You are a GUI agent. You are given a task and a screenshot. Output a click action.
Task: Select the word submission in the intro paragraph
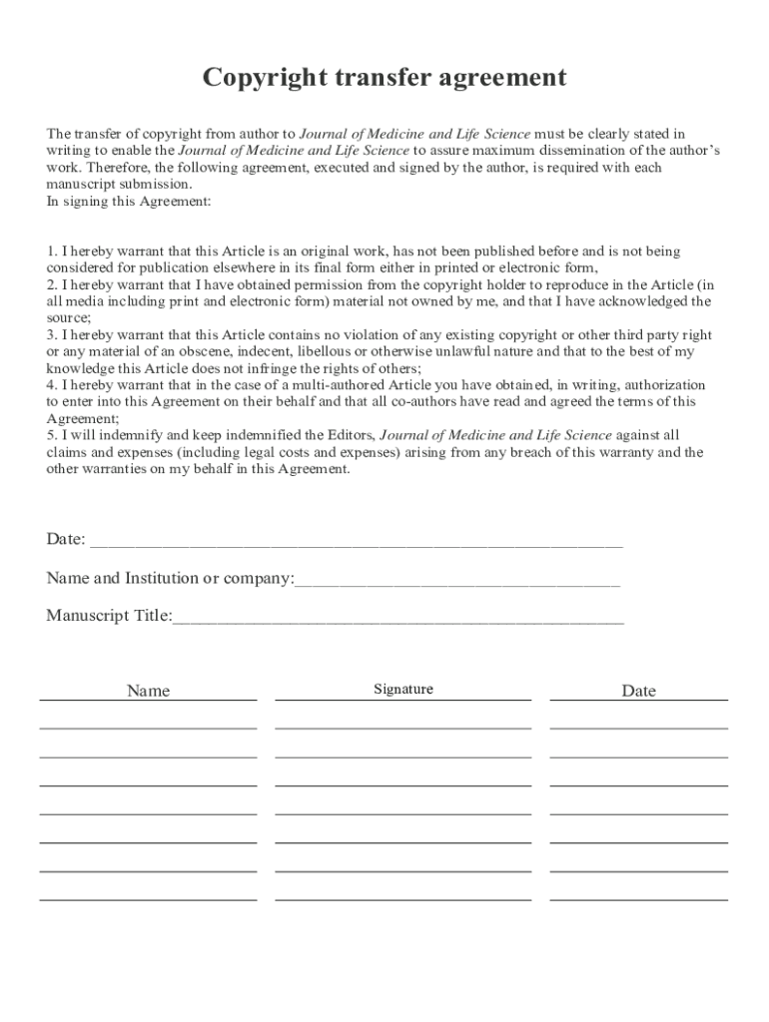156,185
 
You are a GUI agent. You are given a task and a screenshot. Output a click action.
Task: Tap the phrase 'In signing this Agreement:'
129,202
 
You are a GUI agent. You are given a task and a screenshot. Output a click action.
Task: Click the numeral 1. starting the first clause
52,251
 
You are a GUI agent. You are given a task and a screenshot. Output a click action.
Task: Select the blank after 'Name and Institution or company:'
457,581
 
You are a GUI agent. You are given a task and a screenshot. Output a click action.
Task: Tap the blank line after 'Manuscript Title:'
398,618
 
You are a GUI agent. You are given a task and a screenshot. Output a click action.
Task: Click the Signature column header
403,690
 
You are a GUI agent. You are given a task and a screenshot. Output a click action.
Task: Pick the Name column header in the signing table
148,691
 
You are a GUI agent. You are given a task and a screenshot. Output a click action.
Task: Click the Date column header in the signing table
638,691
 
